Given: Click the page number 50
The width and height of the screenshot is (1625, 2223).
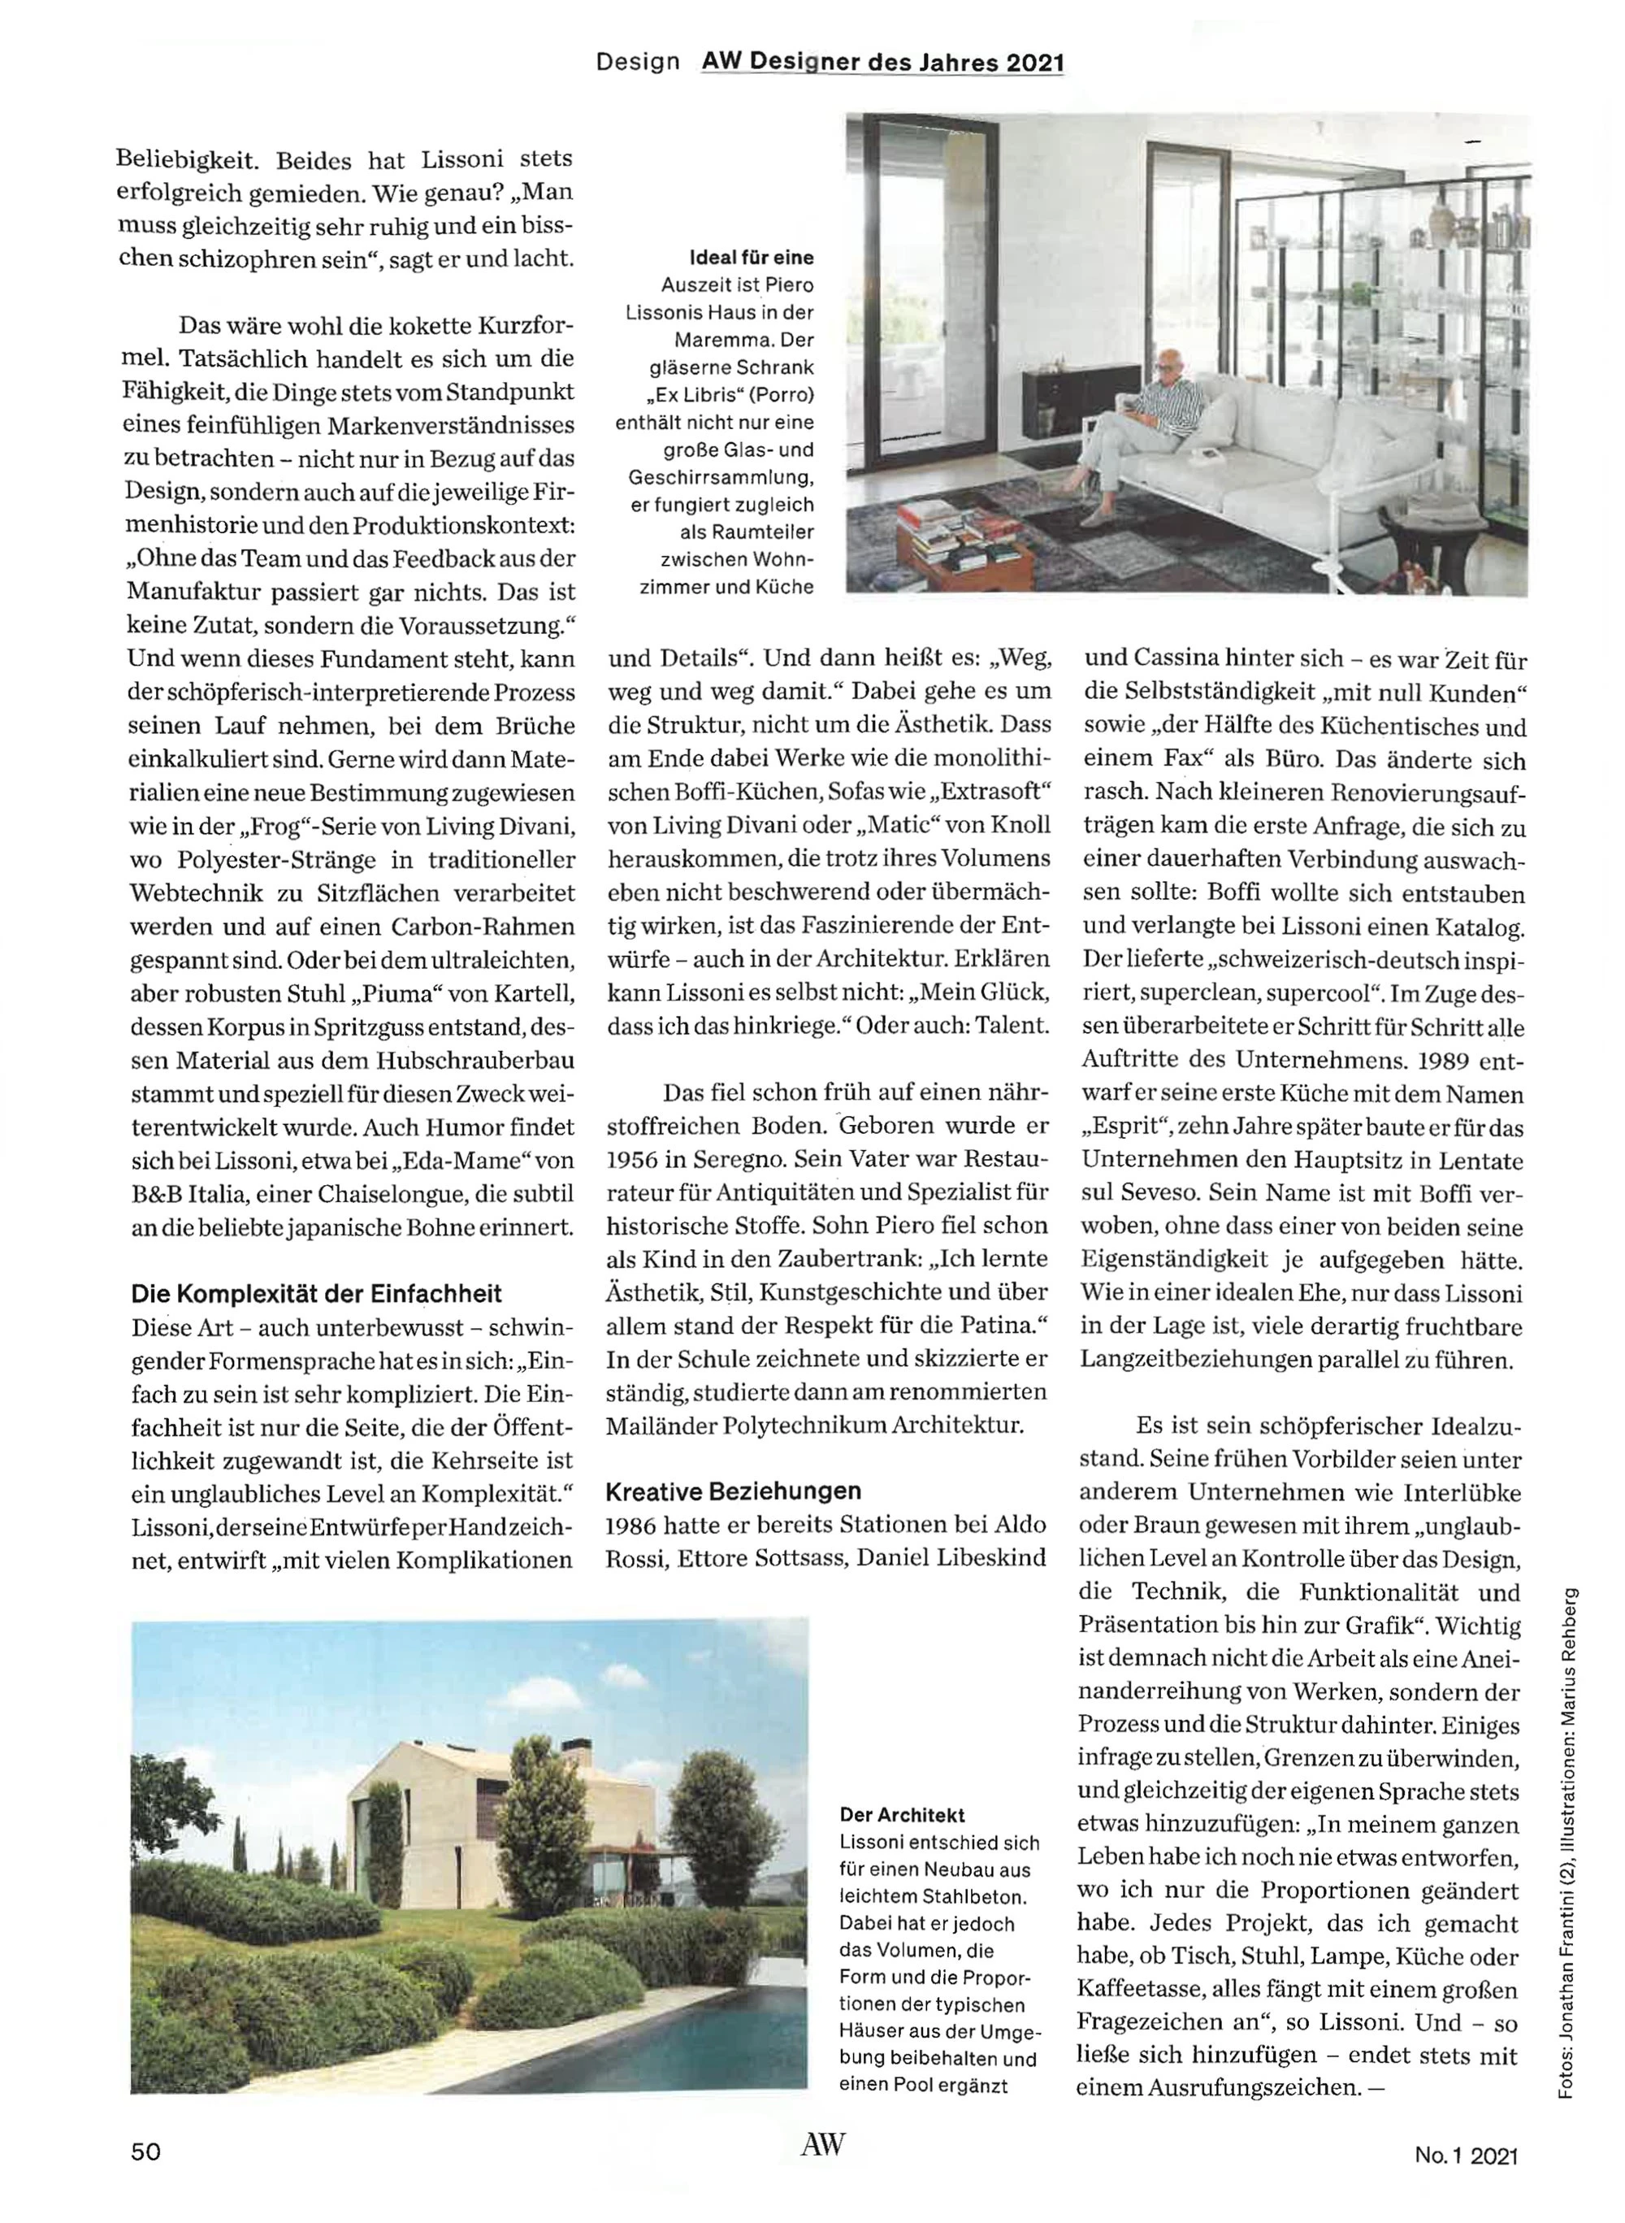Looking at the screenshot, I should (x=145, y=2151).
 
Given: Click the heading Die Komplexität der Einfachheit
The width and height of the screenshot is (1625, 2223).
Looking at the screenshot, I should (x=316, y=1294).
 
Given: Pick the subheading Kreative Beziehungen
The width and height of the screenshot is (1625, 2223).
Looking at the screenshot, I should (x=733, y=1491).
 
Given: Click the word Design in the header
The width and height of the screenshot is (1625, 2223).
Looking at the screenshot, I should (x=638, y=62).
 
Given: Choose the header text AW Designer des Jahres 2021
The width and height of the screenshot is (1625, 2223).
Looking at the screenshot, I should (x=882, y=62).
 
